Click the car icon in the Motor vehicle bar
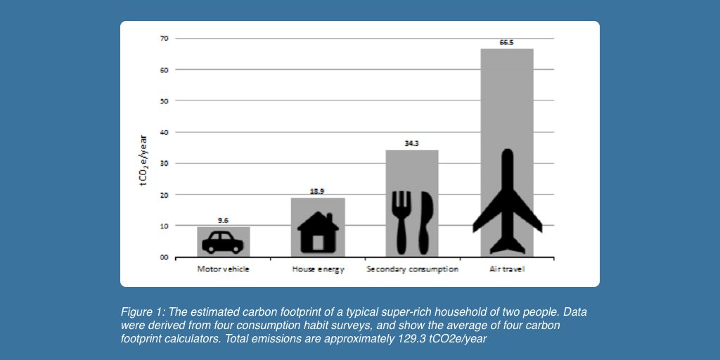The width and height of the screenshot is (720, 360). click(x=222, y=242)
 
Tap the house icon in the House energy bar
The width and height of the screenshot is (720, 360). click(x=318, y=233)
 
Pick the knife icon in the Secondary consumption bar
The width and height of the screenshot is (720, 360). click(x=425, y=221)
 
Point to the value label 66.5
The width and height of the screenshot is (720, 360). click(x=507, y=42)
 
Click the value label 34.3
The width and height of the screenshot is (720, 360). click(x=411, y=143)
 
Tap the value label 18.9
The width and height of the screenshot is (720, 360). click(x=318, y=191)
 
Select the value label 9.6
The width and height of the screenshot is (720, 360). click(x=223, y=220)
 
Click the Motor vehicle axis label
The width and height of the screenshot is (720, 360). click(x=223, y=269)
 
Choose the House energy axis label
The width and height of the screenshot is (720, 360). click(x=318, y=269)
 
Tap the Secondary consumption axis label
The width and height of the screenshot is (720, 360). click(x=412, y=269)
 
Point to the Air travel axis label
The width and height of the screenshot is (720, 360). click(x=507, y=269)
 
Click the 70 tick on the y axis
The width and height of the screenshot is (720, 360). click(x=164, y=39)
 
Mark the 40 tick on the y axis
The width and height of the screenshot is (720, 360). click(x=164, y=132)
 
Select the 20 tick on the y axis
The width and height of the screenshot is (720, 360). click(x=164, y=195)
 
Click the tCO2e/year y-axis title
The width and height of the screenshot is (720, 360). click(x=143, y=160)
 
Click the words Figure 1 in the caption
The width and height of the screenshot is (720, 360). click(x=140, y=311)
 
